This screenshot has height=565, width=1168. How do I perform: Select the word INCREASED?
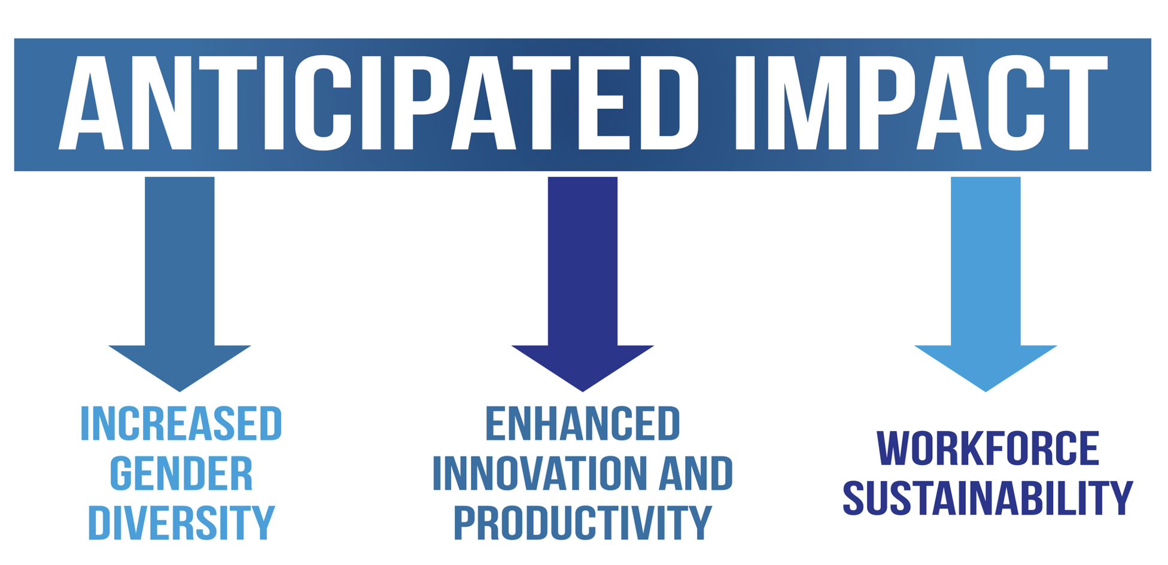pyautogui.click(x=181, y=424)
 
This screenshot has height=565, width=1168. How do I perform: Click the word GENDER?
pyautogui.click(x=181, y=473)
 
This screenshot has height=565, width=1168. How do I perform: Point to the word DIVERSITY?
pyautogui.click(x=181, y=523)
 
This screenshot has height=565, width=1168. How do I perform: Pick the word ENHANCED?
pyautogui.click(x=583, y=424)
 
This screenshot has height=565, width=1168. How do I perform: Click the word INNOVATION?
pyautogui.click(x=537, y=473)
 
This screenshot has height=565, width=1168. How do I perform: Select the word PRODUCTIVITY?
pyautogui.click(x=583, y=523)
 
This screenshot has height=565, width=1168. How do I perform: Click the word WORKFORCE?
pyautogui.click(x=988, y=448)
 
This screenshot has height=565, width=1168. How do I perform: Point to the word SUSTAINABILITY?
pyautogui.click(x=988, y=498)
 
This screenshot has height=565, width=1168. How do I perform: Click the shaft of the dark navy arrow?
pyautogui.click(x=583, y=261)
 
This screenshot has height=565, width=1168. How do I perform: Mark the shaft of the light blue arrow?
pyautogui.click(x=985, y=261)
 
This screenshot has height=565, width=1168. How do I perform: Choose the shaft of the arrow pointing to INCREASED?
pyautogui.click(x=180, y=261)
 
